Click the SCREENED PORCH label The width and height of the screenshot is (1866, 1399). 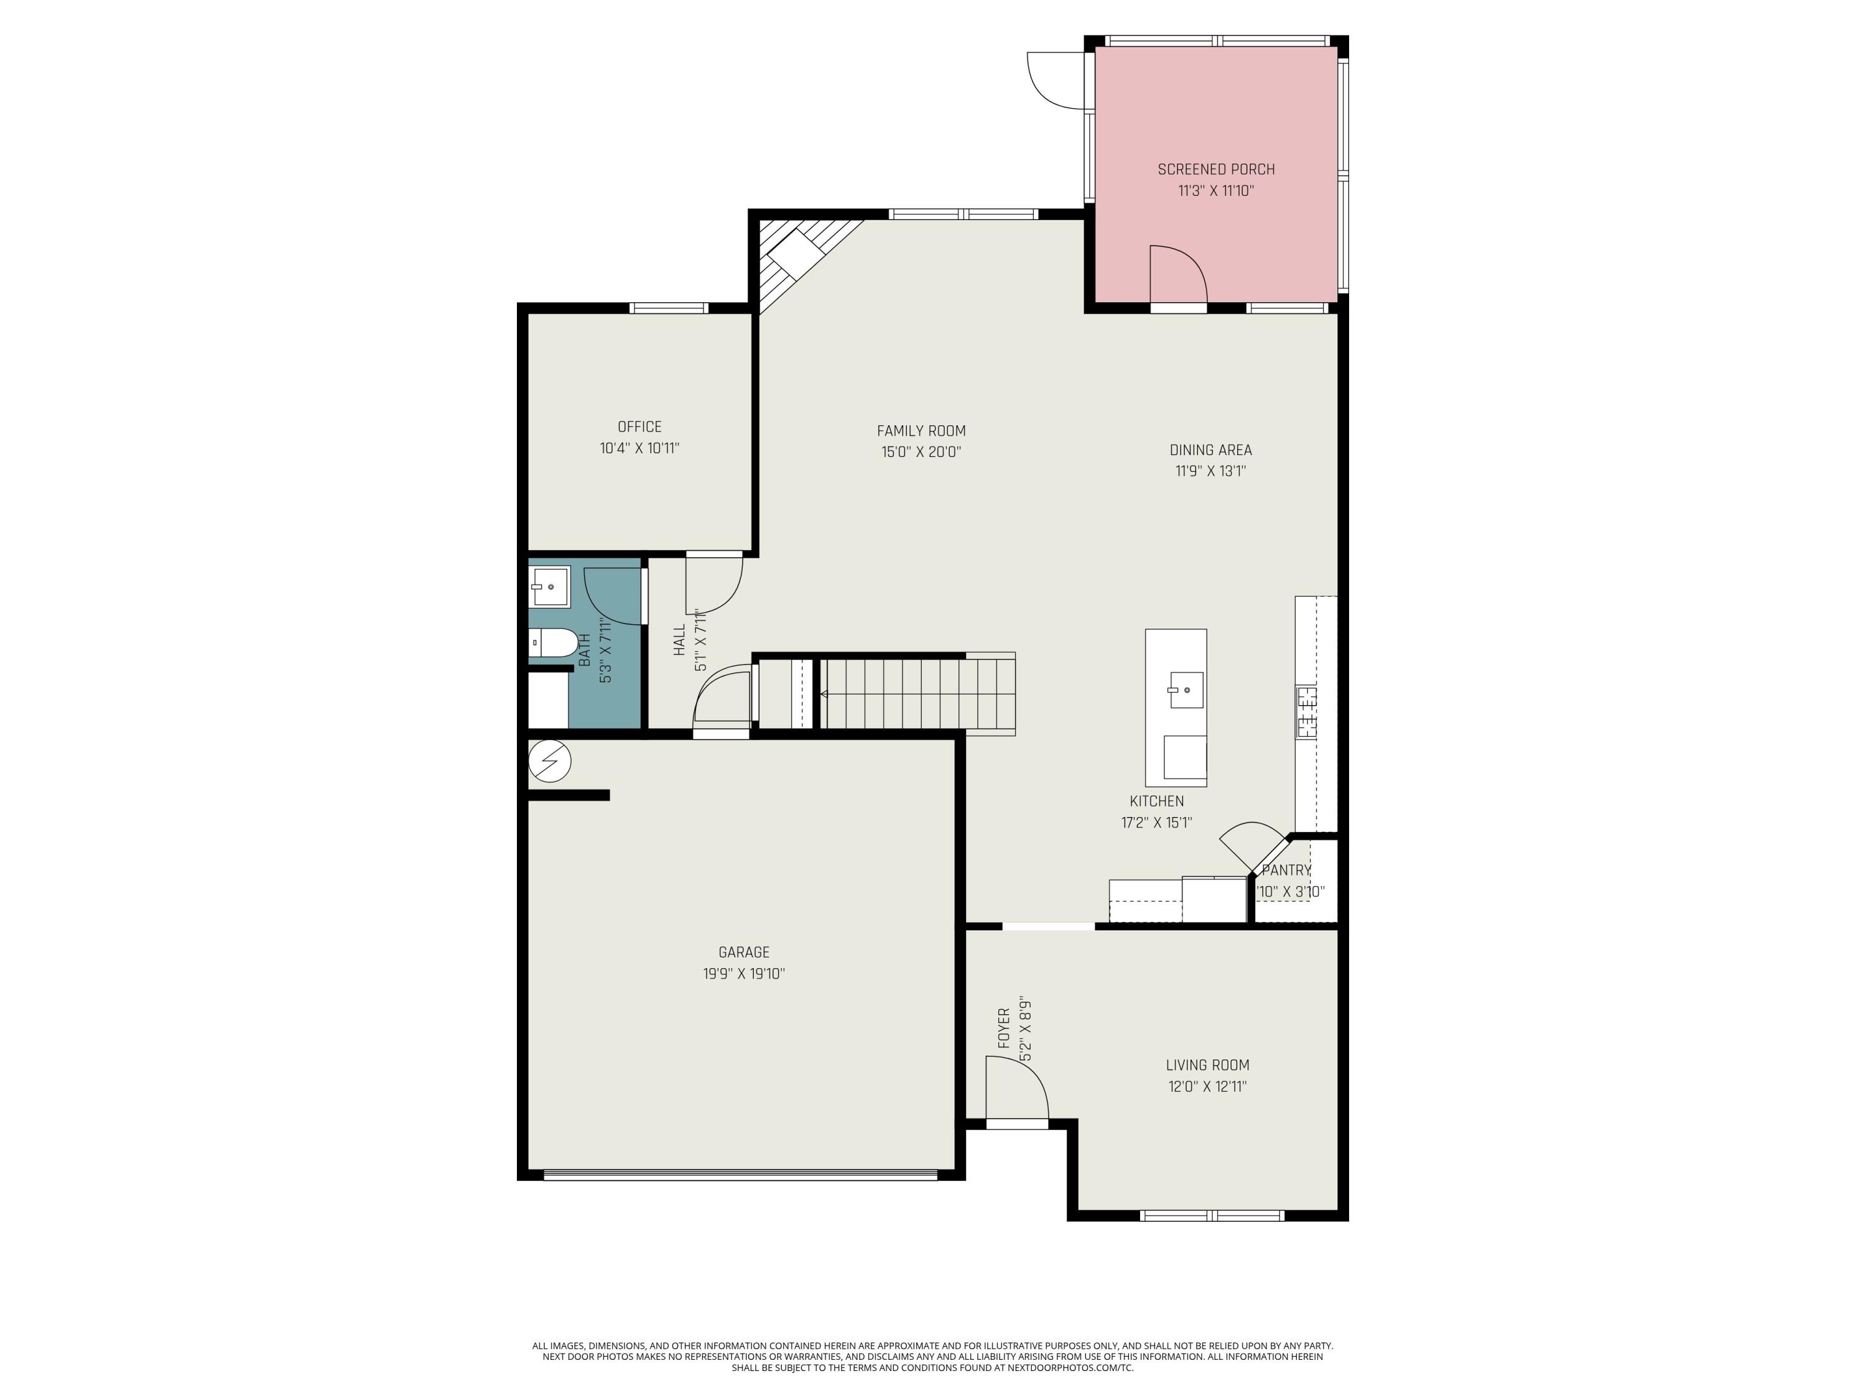(x=1215, y=170)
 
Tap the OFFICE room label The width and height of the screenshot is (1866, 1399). (x=639, y=427)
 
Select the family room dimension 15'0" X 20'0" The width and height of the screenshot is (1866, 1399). (x=921, y=452)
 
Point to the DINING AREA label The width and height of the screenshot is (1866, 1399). (x=1210, y=450)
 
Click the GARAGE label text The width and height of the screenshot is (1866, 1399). (x=743, y=952)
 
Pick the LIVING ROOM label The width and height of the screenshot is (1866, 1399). (x=1207, y=1065)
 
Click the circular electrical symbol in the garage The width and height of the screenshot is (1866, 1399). (x=549, y=762)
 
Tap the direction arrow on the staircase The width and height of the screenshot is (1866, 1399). (x=824, y=694)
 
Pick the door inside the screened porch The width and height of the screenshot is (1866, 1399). (x=1179, y=275)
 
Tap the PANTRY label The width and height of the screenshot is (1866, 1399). (x=1286, y=870)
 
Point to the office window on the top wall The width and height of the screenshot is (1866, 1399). (x=670, y=308)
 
